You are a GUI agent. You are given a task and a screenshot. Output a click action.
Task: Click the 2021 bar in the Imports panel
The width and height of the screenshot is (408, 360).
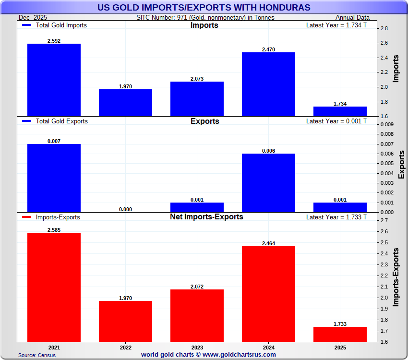point(54,80)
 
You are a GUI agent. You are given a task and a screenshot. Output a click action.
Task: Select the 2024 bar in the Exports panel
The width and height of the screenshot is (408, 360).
point(268,182)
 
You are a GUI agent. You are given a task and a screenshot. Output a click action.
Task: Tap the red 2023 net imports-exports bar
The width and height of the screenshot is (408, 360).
point(197,315)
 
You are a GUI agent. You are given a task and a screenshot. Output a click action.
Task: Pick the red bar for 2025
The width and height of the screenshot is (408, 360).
point(340,334)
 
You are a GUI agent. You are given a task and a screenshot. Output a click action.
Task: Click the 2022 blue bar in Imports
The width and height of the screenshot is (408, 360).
point(125,102)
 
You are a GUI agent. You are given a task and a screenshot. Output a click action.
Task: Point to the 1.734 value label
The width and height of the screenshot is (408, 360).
point(340,104)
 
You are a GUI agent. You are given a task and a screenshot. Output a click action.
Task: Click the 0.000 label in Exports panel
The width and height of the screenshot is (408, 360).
point(125,209)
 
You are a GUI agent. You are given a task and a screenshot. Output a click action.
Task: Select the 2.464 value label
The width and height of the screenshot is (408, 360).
point(268,243)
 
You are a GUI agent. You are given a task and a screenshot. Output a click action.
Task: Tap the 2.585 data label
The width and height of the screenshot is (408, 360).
point(54,230)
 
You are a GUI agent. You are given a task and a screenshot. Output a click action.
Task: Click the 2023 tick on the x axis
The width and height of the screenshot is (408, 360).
point(197,347)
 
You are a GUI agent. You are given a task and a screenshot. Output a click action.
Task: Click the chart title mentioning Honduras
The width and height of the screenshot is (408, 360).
point(204,7)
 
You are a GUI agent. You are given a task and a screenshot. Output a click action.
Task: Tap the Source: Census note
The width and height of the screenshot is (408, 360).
point(37,355)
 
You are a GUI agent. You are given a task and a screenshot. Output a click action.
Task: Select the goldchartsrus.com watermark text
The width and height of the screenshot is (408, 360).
point(208,355)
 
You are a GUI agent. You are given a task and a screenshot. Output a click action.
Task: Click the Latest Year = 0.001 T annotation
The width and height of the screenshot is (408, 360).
point(336,121)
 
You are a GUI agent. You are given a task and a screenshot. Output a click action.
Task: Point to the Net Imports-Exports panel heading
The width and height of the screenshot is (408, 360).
point(206,217)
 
